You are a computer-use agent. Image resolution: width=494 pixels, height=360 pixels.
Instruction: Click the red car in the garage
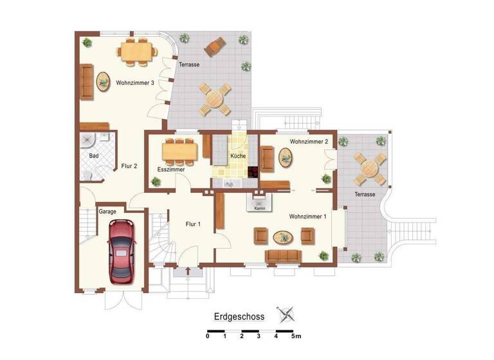(x=122, y=251)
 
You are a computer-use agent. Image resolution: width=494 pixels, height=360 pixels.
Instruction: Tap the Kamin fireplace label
(x=260, y=208)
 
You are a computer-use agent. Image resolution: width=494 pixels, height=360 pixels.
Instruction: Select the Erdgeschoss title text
(x=239, y=316)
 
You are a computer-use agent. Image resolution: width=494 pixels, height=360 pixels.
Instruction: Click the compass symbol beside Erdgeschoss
(x=286, y=315)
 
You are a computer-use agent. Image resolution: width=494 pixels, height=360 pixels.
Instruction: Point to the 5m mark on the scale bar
(x=295, y=336)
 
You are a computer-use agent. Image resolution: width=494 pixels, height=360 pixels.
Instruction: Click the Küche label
(x=238, y=156)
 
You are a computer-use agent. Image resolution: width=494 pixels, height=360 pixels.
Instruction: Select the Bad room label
(x=94, y=156)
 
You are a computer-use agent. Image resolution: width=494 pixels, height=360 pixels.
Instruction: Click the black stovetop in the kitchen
(x=253, y=172)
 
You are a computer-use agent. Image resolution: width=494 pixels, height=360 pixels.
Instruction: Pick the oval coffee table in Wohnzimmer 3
(x=103, y=82)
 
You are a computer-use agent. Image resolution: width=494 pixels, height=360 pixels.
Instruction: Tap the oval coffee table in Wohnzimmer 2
(x=285, y=157)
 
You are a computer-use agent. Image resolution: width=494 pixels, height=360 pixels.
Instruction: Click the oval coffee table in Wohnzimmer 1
(x=283, y=237)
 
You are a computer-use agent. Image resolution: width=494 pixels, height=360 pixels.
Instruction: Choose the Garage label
(x=107, y=211)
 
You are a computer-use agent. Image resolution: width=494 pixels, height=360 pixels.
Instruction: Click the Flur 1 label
(x=193, y=224)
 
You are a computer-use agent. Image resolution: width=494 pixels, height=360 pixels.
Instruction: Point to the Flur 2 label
(x=129, y=166)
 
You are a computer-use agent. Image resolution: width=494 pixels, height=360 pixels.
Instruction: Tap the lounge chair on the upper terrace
(x=215, y=46)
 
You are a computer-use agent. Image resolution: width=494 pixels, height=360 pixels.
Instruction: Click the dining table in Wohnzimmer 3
(x=137, y=51)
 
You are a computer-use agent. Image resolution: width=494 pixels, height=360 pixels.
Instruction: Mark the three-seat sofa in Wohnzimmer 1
(x=283, y=256)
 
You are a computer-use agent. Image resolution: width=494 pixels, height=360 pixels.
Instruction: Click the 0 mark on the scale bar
(x=207, y=336)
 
